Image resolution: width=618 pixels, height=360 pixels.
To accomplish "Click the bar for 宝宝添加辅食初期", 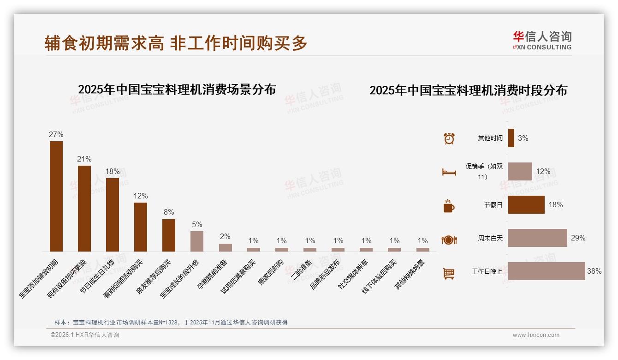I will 56,196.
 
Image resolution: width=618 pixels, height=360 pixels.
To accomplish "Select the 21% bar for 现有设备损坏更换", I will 84,208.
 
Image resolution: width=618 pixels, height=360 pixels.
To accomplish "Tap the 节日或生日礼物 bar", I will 113,215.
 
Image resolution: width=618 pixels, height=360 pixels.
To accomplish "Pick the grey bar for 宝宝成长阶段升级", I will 197,241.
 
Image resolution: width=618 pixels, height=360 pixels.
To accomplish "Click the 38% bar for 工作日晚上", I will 547,271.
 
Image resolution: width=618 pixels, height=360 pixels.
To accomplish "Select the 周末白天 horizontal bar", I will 537,238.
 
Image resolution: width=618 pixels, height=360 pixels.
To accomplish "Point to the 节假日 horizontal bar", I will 526,204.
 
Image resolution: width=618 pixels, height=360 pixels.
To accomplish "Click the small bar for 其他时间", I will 511,138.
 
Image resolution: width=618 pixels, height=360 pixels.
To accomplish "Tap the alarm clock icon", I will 449,138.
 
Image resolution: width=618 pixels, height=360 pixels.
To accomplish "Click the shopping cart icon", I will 449,273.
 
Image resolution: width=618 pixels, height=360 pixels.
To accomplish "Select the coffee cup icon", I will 449,206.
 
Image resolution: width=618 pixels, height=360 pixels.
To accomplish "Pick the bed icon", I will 449,172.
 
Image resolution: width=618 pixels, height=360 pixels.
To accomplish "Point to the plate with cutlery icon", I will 449,240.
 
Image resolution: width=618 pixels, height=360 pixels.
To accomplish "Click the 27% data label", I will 56,135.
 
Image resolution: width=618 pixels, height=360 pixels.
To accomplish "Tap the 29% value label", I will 578,238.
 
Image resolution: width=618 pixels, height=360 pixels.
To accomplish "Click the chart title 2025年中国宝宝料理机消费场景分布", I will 177,90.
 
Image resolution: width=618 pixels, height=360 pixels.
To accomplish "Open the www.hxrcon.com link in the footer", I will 536,335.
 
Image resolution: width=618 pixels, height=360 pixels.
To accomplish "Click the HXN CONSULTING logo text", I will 542,47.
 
